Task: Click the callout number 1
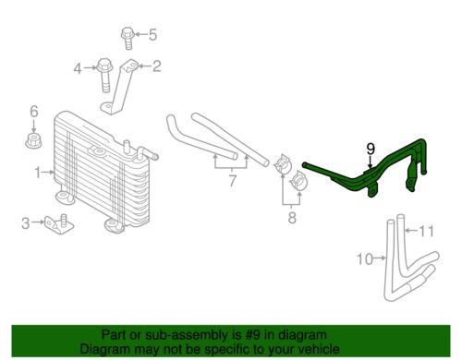[39, 172]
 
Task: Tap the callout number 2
[156, 66]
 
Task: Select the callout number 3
[26, 222]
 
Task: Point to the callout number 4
[79, 66]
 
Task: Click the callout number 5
[153, 36]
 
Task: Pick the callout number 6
[34, 112]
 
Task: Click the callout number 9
[370, 148]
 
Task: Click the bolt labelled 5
[127, 37]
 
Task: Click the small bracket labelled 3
[57, 224]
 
